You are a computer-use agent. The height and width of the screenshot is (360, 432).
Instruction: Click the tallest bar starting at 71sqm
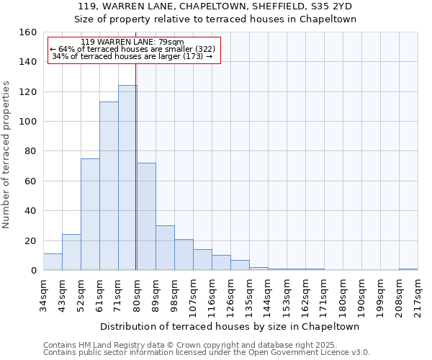tap(127, 178)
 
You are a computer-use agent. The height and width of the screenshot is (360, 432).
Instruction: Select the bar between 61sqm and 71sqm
tap(109, 186)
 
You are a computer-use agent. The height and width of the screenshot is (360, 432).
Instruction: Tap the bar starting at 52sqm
tap(90, 214)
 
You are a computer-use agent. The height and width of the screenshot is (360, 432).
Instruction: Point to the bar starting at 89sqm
tap(165, 248)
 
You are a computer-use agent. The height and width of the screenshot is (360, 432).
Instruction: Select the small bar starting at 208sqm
tap(408, 269)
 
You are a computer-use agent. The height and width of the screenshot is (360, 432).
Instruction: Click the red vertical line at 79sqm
tap(136, 180)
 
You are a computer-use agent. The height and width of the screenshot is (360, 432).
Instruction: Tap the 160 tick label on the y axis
tap(27, 32)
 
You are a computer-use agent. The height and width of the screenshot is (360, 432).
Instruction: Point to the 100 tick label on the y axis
tap(27, 122)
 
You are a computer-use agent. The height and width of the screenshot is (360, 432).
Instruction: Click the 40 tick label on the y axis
tap(30, 211)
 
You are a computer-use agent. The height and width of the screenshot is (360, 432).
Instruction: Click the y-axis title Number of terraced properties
tap(7, 155)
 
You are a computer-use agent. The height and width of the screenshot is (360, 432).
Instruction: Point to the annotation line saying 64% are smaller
tap(132, 49)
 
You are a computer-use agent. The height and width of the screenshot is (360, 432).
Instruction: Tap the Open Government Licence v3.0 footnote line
tap(207, 353)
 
